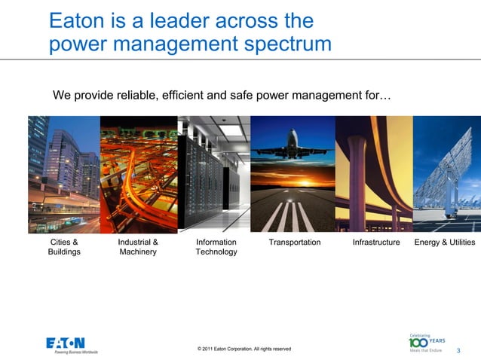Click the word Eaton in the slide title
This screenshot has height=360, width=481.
[79, 20]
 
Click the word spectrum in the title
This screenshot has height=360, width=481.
[283, 44]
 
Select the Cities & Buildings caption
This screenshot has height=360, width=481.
[64, 247]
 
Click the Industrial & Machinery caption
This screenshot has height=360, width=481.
[138, 247]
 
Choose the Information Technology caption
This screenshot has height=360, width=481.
[216, 247]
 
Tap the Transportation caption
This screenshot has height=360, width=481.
[295, 243]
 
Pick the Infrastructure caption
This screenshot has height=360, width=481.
[376, 243]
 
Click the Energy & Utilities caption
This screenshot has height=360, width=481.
[445, 243]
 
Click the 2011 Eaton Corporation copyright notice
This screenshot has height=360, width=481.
[244, 349]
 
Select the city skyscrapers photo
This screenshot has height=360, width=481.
[64, 173]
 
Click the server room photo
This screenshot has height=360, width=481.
[213, 173]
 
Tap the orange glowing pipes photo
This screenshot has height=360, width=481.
[138, 173]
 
